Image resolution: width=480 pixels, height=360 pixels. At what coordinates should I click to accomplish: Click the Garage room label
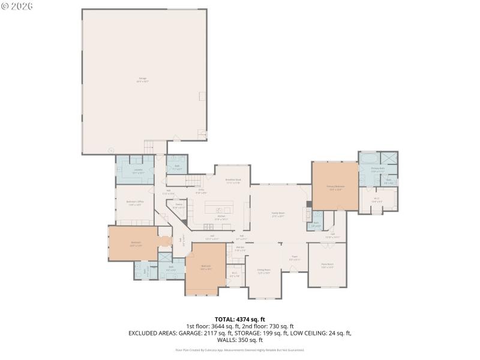pos(143,79)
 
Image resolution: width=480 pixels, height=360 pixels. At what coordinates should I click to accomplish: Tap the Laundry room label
pos(138,171)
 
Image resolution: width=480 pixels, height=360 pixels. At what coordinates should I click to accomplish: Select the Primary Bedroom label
pos(335,187)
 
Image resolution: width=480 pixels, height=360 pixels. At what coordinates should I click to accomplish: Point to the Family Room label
pos(278,215)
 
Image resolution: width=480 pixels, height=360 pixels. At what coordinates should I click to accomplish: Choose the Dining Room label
pos(264,271)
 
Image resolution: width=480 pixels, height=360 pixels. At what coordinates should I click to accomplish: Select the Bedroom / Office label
pos(135,203)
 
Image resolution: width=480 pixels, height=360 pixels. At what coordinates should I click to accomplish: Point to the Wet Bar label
pos(240,248)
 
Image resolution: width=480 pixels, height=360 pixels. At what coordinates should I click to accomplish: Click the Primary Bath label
pos(377,169)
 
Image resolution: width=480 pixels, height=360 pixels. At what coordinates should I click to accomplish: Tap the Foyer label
pos(295,259)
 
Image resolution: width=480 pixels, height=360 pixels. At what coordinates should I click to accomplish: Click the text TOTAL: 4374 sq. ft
pos(239,319)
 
